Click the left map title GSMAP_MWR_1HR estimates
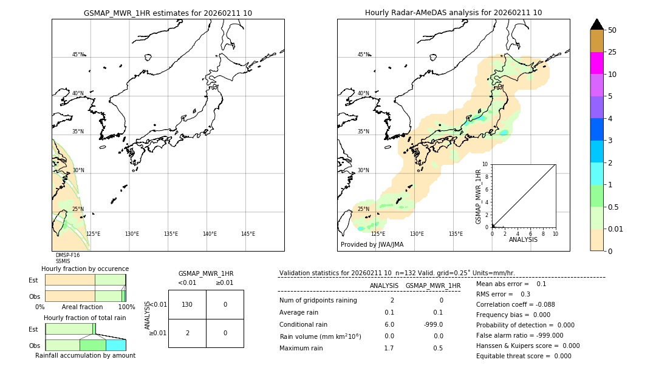[x=168, y=13]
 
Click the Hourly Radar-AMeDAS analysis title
[x=453, y=13]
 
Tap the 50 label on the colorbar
[x=612, y=30]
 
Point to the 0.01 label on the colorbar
[x=616, y=229]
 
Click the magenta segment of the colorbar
[x=596, y=63]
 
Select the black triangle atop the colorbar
[x=596, y=24]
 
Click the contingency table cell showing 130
[x=187, y=304]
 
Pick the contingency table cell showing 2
[x=187, y=333]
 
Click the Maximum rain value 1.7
[x=389, y=348]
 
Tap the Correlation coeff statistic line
[x=515, y=304]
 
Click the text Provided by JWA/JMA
[x=372, y=245]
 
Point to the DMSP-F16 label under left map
[x=67, y=255]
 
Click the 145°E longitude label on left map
[x=248, y=234]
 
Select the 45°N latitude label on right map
[x=363, y=55]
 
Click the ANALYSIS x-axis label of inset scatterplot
[x=523, y=239]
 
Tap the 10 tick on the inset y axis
[x=485, y=164]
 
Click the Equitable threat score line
[x=524, y=356]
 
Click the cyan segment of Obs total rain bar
[x=115, y=345]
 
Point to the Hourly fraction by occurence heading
[x=85, y=269]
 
